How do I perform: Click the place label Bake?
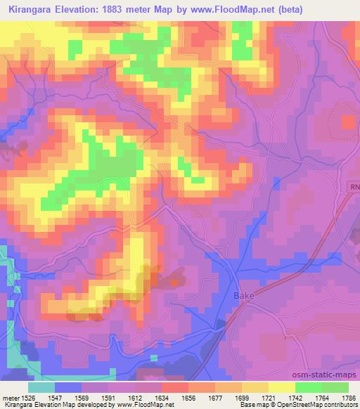coord(243,296)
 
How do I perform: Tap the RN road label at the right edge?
coord(354,188)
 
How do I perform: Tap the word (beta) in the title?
coord(335,8)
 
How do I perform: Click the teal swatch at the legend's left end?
coord(41,387)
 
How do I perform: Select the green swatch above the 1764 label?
coord(309,387)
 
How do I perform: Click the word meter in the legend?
coord(10,398)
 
